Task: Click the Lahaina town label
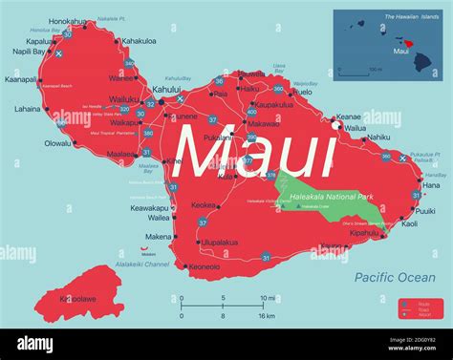27,109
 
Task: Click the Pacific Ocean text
394,277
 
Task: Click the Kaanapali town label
22,80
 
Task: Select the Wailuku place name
124,98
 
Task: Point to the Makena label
160,236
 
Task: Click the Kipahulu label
364,232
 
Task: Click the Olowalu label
57,143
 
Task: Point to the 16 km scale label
266,315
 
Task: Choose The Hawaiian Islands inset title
411,16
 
